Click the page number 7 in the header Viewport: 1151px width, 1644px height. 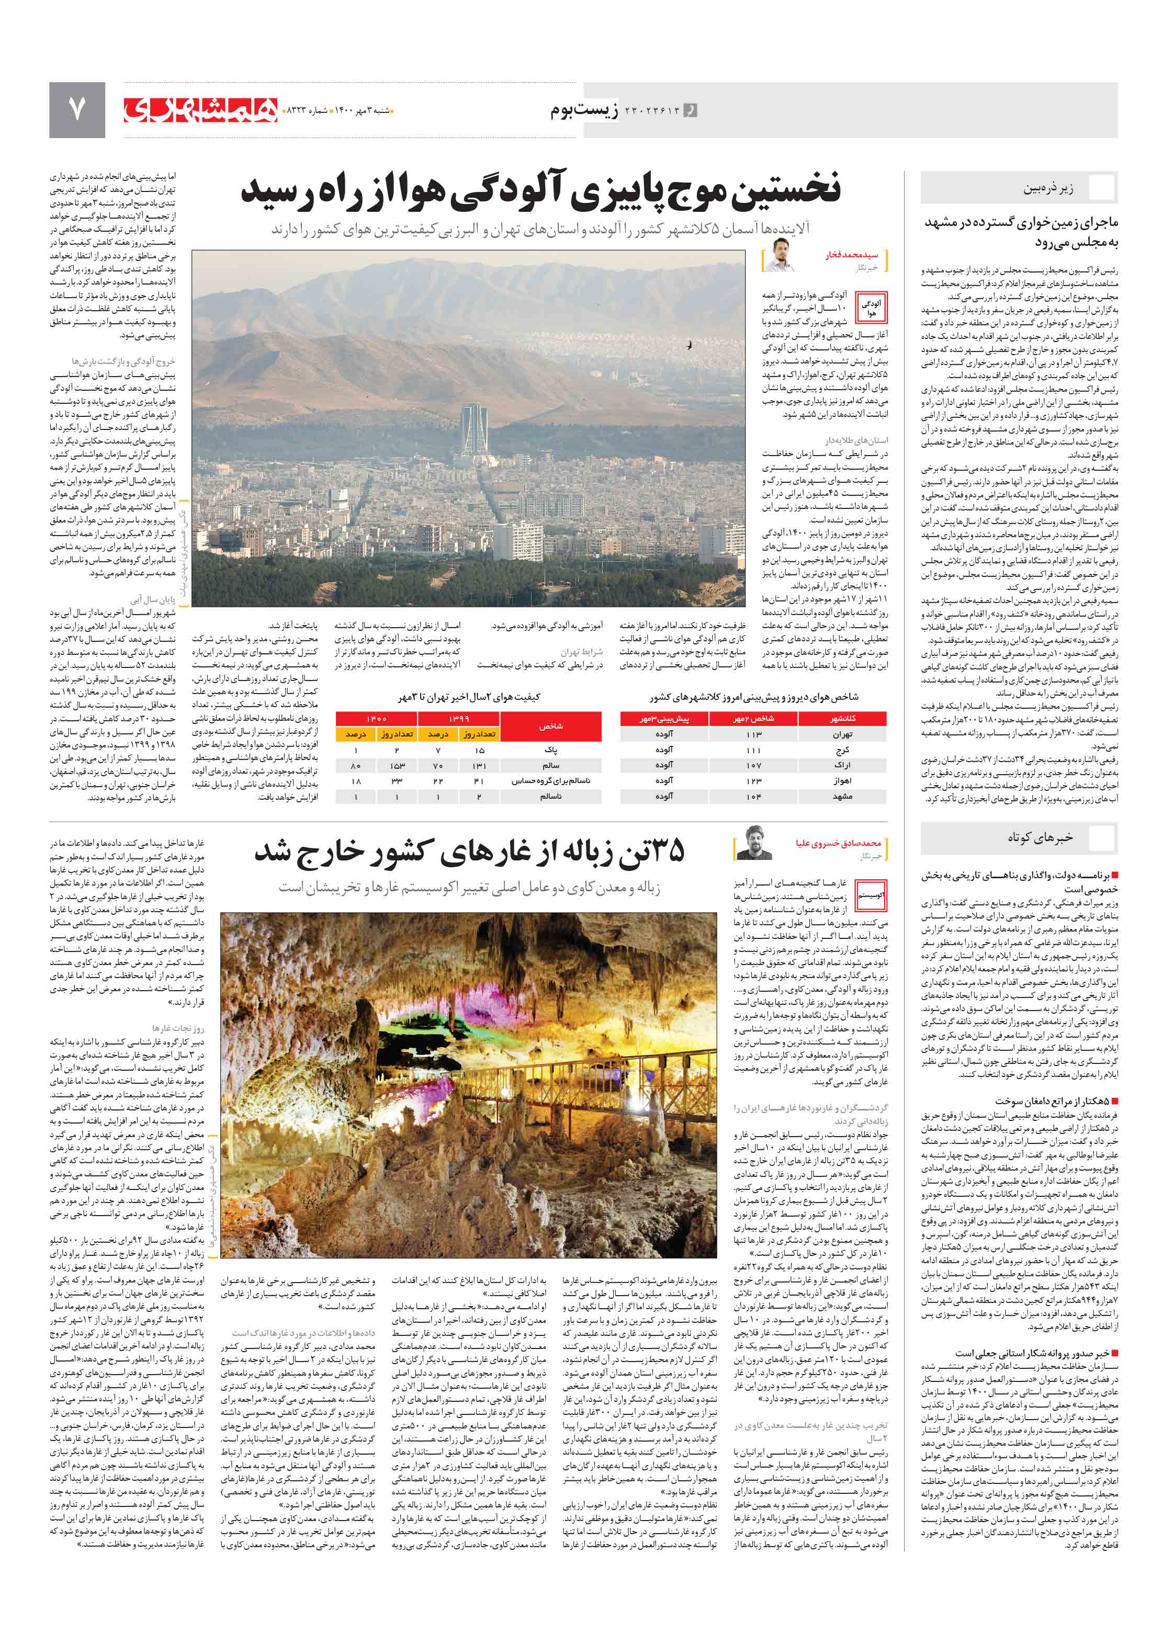[76, 109]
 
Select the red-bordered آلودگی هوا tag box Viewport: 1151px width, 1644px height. [871, 309]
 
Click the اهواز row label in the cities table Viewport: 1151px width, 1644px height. [842, 780]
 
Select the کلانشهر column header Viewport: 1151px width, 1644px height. [842, 718]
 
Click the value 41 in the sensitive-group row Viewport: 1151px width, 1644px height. [479, 780]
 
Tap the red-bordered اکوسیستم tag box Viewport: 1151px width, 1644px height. [871, 895]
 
